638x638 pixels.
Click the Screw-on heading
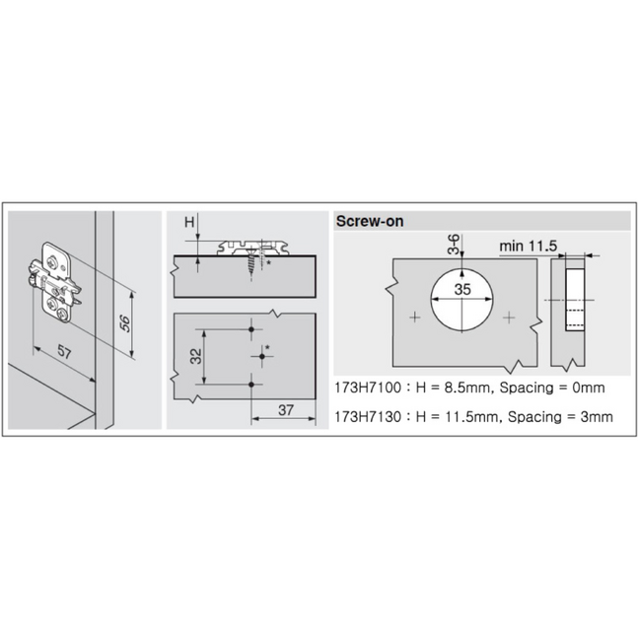(370, 221)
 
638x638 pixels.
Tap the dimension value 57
(64, 351)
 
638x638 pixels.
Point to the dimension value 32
(196, 356)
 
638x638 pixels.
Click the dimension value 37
(286, 410)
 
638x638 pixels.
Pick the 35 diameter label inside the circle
(462, 289)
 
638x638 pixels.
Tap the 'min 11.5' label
(528, 246)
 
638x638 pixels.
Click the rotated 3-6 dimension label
(454, 245)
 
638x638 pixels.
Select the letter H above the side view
(189, 222)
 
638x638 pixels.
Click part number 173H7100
(368, 388)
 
